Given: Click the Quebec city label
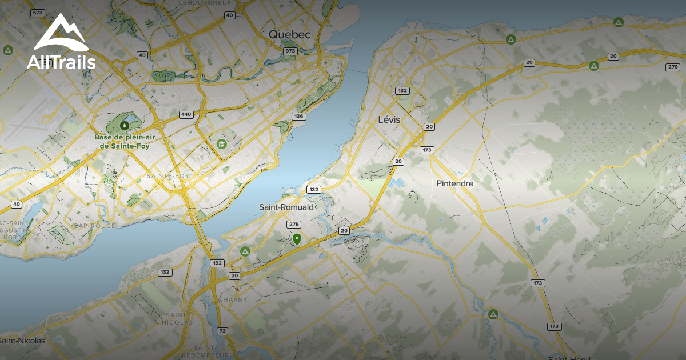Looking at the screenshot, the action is point(290,35).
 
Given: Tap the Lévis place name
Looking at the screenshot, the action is point(389,120).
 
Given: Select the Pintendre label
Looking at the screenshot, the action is point(455,183).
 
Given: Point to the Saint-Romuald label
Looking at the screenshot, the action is point(286,207).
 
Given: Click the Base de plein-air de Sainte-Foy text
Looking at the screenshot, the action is point(125,142).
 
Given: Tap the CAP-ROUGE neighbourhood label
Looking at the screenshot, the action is point(95,226).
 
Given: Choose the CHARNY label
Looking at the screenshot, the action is point(233,299).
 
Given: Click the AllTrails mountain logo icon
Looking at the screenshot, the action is point(61,33).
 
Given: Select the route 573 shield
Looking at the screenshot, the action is point(38,13).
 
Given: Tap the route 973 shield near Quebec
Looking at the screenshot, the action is point(290,51).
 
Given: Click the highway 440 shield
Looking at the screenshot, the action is point(186,114).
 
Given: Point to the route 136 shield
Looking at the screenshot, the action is point(298,117).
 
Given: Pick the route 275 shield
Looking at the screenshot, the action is point(294,225).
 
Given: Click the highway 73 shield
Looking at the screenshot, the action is point(222,331).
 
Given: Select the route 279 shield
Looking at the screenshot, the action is point(673,67).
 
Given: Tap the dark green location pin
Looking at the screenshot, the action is point(297,238).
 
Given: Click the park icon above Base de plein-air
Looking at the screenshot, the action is point(125,125).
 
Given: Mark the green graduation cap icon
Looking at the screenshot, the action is point(221,143).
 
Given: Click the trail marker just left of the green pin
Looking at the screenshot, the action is point(245,251).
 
